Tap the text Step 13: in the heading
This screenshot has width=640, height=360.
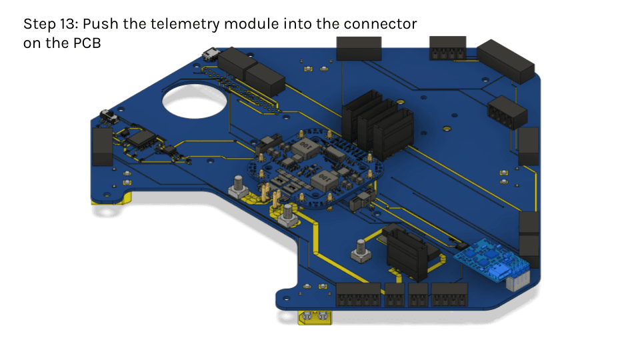(51, 24)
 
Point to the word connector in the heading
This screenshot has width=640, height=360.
(380, 24)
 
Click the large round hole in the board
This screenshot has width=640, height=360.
(194, 101)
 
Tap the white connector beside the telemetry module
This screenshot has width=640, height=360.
(518, 281)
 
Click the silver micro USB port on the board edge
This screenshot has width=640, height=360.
(211, 54)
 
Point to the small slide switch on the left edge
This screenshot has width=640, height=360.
(109, 116)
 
